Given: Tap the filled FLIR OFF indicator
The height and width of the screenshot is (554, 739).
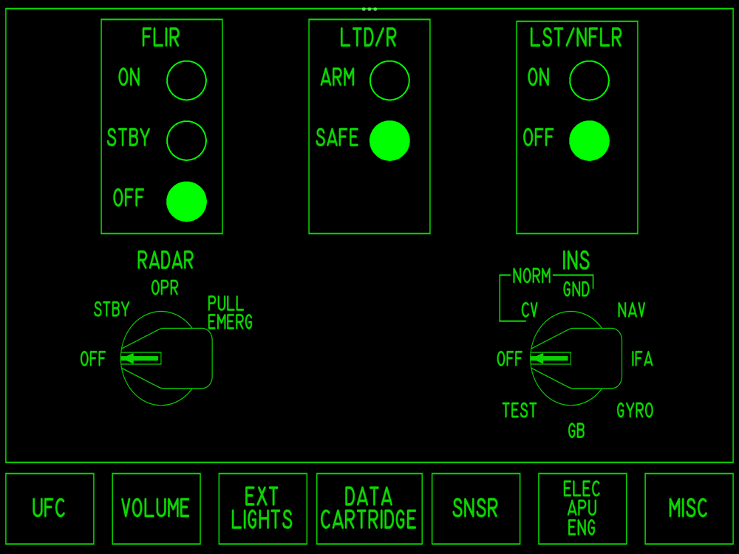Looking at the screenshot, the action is click(187, 202).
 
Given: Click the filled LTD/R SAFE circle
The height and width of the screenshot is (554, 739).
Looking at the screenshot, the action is click(389, 141).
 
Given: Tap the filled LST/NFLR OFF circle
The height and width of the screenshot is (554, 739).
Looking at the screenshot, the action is click(589, 141).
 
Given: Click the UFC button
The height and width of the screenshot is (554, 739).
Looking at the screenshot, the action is click(50, 509).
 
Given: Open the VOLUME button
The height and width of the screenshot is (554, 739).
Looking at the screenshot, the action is click(157, 509).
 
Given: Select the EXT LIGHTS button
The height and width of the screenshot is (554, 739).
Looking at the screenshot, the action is click(263, 509).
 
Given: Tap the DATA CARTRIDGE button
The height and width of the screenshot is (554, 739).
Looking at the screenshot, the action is click(369, 509).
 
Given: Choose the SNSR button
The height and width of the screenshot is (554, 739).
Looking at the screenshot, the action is click(476, 509).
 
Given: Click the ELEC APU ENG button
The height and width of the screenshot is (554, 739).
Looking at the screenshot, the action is click(582, 509).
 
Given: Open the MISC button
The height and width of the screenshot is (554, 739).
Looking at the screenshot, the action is click(689, 509).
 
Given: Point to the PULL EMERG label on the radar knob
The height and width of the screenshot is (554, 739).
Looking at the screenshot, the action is click(230, 312).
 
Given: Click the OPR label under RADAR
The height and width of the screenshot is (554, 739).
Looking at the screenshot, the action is click(165, 288).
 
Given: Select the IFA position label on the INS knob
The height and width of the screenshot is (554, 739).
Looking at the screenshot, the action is click(642, 359).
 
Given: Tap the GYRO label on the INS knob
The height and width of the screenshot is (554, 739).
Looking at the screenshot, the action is click(636, 411).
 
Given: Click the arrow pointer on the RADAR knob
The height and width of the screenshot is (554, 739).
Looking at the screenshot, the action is click(140, 358).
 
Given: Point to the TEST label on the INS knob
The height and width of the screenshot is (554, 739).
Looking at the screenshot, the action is click(520, 411).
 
